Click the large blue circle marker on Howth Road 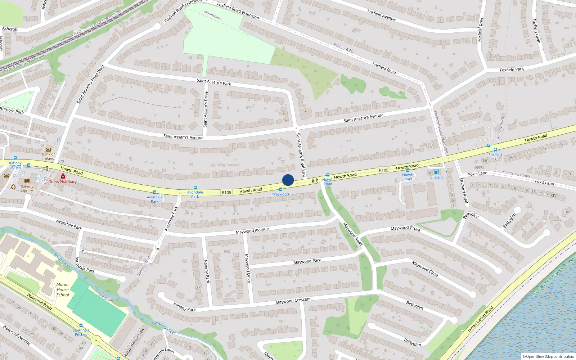288,180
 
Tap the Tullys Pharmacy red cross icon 63,176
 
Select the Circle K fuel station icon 436,172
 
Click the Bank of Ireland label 48,156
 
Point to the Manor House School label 63,289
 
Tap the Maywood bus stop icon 281,189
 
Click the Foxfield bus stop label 495,154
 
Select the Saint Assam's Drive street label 206,109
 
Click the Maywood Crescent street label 293,301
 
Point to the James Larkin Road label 480,319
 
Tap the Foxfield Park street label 512,69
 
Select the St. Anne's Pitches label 81,332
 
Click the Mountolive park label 212,15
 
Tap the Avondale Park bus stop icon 155,192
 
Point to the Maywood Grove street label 405,228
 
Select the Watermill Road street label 39,301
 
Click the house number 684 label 429,147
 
